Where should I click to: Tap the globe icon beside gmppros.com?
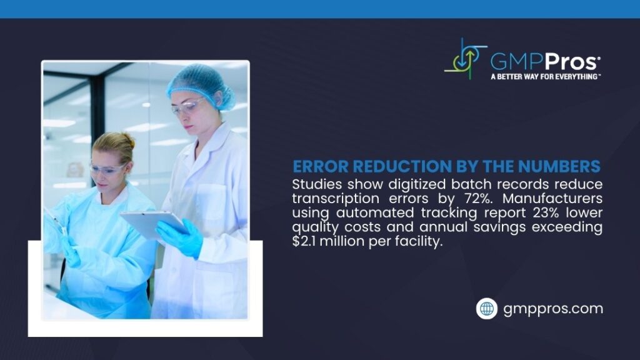pyautogui.click(x=486, y=308)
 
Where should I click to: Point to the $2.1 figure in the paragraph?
pyautogui.click(x=307, y=241)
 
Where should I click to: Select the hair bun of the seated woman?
pyautogui.click(x=128, y=139)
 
